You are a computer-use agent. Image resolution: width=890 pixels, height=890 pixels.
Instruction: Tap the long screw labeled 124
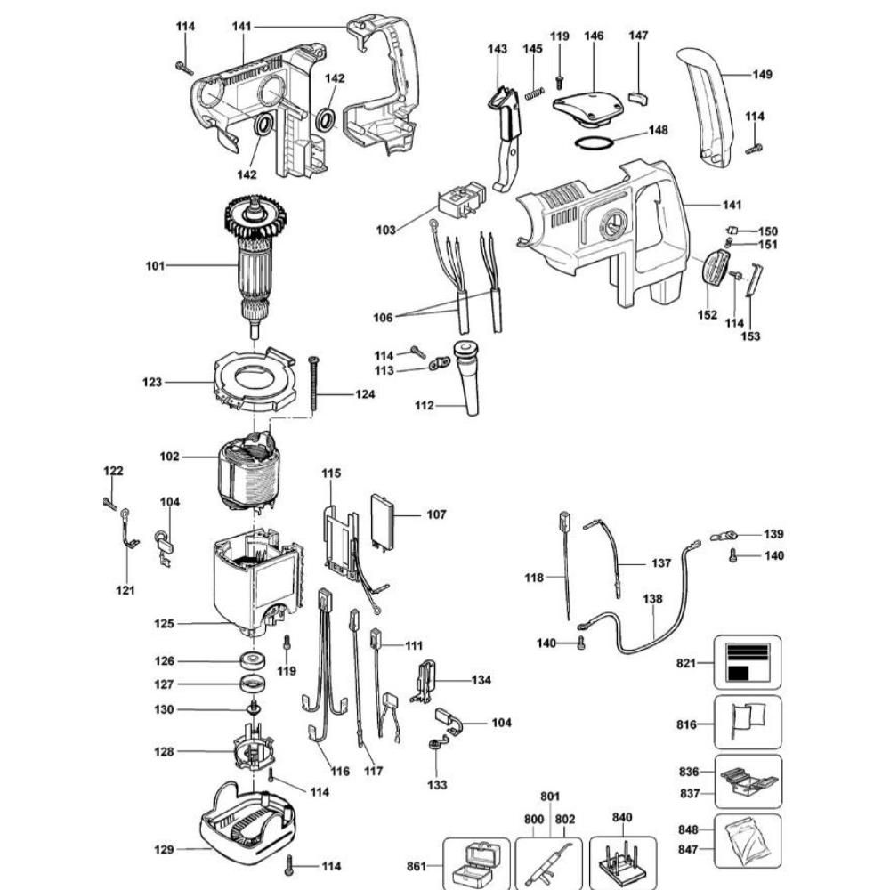tap(313, 383)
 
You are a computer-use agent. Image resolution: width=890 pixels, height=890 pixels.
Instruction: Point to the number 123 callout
tap(152, 383)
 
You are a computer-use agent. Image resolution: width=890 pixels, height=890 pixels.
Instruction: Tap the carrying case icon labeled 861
tap(476, 862)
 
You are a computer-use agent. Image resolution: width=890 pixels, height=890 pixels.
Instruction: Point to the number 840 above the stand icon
tap(623, 817)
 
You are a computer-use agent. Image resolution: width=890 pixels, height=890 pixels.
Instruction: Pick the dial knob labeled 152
tap(716, 269)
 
